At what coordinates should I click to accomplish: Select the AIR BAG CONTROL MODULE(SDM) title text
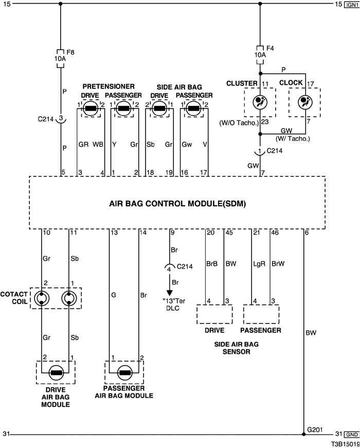177,203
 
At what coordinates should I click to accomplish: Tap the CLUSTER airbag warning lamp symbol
260,101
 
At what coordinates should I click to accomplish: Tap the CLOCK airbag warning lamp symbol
304,101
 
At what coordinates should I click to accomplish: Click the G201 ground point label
315,428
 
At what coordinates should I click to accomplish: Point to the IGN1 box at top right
351,4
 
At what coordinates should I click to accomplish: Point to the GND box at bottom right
351,435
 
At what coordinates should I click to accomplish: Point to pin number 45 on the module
229,233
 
